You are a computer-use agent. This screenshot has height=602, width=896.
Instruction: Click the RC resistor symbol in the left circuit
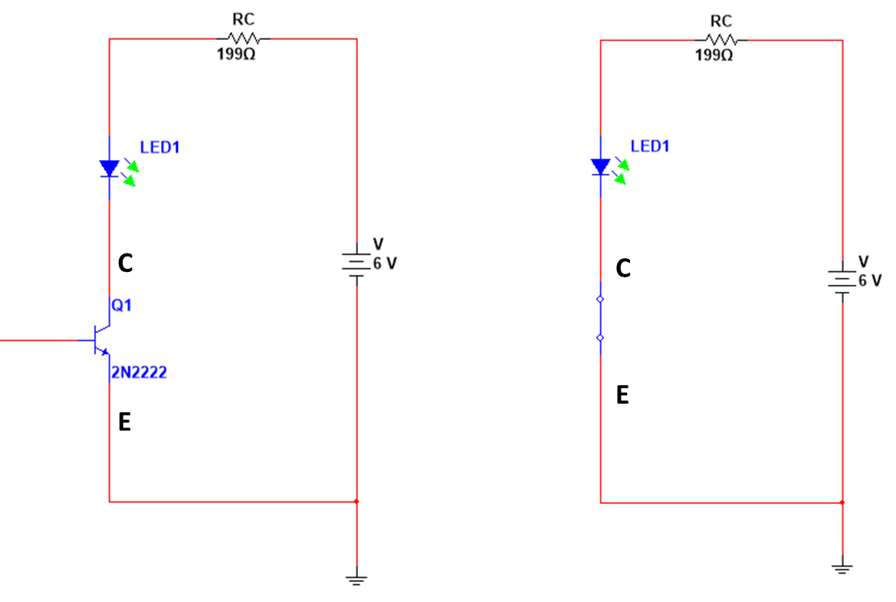tap(243, 38)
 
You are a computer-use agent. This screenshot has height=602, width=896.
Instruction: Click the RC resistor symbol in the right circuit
tap(720, 40)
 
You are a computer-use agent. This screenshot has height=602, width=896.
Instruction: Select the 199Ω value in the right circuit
tap(714, 56)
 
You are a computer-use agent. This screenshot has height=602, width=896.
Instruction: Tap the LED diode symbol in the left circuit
tap(110, 168)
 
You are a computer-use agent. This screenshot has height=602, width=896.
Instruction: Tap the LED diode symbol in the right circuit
tap(600, 166)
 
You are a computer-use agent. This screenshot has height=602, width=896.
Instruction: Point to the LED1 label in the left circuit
tap(159, 147)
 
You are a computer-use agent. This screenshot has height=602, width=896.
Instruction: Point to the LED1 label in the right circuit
tap(649, 146)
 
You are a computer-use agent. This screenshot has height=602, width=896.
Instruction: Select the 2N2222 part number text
tap(139, 374)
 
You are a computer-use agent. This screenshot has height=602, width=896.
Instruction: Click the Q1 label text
tap(122, 306)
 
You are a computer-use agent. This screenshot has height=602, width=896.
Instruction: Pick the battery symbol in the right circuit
tap(842, 280)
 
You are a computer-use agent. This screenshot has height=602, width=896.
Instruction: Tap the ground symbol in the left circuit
tap(356, 580)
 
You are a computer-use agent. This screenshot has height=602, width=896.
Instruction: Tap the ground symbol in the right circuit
tap(842, 567)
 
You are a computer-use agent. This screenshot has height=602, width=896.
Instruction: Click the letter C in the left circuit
tap(126, 264)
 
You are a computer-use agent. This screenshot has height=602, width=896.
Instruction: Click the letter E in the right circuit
tap(622, 395)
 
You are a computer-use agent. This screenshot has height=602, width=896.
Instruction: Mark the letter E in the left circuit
tap(125, 422)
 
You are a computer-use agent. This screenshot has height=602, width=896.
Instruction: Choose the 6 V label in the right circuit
tap(870, 280)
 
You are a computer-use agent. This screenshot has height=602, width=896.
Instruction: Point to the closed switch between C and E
tap(600, 318)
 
